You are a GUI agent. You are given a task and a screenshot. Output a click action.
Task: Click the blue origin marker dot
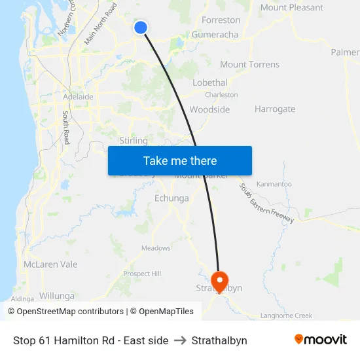click(141, 27)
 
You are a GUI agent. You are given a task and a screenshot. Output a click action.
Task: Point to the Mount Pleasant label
click(291, 8)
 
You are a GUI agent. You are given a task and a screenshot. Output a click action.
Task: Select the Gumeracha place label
click(215, 34)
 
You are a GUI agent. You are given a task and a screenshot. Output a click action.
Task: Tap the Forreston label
click(221, 20)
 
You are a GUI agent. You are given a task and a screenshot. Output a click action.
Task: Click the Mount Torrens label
click(249, 64)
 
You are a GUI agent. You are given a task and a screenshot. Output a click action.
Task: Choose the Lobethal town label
click(209, 82)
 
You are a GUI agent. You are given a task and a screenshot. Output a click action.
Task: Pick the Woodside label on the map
click(209, 109)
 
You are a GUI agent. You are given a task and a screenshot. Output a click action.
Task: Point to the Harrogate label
click(275, 109)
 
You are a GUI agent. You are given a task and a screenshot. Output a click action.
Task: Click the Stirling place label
click(134, 141)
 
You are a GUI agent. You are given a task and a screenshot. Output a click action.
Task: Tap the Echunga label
click(171, 198)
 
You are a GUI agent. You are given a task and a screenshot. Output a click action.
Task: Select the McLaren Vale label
click(50, 264)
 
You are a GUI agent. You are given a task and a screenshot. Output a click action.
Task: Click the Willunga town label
click(57, 296)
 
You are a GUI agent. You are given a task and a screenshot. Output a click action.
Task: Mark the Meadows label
click(156, 248)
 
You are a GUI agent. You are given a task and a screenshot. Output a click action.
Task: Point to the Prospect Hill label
click(142, 274)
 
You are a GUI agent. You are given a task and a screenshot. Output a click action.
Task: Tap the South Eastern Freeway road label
click(266, 204)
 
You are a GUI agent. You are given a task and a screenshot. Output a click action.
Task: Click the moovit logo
click(320, 340)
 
